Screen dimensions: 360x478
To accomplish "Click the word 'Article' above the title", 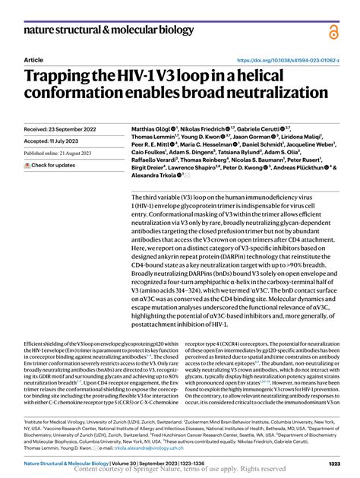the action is [x=33, y=59].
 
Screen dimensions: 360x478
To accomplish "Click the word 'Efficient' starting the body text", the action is [x=36, y=344].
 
